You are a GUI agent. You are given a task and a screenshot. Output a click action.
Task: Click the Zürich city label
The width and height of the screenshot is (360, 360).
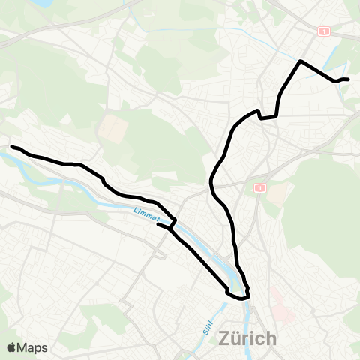pos(247,339)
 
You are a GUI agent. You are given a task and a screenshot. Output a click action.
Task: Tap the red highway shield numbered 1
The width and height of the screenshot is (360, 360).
pos(324,31)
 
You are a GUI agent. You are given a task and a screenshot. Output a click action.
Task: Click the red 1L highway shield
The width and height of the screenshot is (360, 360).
pos(259,187)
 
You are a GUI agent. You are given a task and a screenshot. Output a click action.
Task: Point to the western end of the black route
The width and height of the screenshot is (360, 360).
pos(12,146)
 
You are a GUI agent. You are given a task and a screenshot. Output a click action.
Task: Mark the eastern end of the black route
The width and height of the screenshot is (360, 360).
pos(348,79)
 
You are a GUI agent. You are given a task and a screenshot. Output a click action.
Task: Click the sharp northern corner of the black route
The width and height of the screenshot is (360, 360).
pos(301,61)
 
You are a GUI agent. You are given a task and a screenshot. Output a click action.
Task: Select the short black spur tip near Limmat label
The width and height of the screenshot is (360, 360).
pos(157,223)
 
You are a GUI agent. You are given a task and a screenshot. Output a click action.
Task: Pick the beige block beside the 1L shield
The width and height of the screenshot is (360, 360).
pos(277,195)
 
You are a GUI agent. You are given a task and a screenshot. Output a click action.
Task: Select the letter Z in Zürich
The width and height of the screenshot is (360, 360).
pos(224,339)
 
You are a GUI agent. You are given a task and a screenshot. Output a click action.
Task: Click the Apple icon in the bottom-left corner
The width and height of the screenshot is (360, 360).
pos(11,347)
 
